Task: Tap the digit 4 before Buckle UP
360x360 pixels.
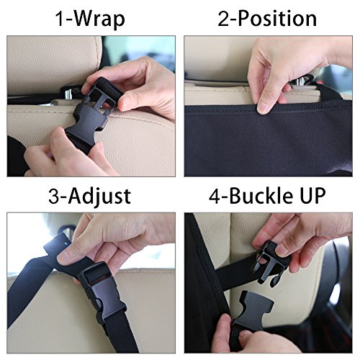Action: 204,196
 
